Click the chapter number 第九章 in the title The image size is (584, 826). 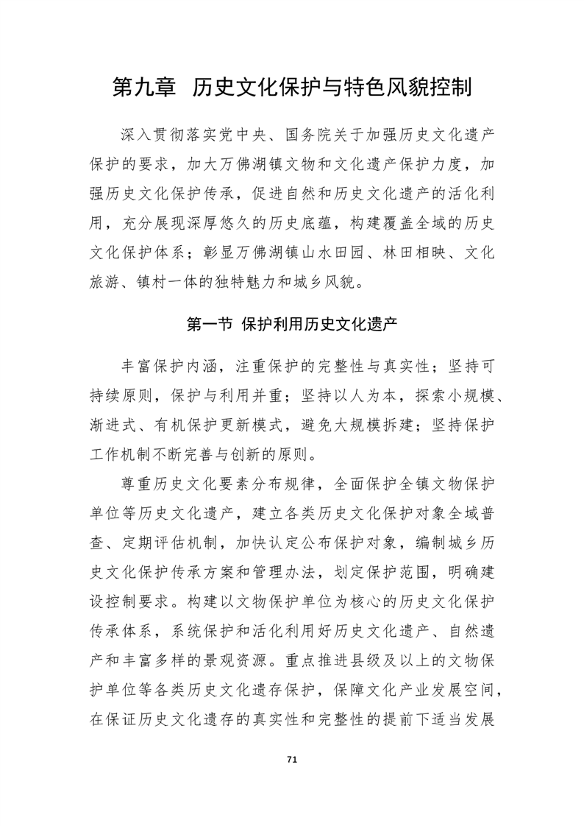tap(144, 88)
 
